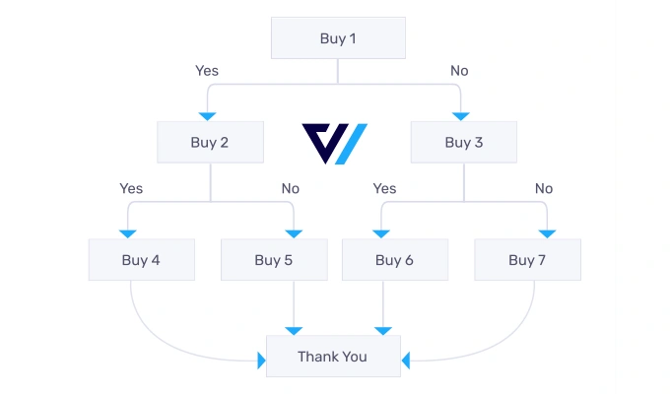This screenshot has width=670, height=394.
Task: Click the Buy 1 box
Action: (338, 39)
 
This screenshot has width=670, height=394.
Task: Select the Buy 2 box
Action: (210, 142)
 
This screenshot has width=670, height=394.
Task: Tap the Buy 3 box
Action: (464, 142)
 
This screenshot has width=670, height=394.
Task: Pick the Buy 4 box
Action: (142, 260)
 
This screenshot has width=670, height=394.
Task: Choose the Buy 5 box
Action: (274, 260)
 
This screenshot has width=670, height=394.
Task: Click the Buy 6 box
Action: (395, 260)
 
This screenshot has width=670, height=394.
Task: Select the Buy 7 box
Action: (527, 260)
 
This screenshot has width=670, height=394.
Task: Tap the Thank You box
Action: (333, 357)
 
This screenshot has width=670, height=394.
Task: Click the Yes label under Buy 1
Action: (207, 71)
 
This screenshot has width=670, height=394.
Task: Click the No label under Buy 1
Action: (459, 71)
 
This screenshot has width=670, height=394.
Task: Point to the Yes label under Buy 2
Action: (131, 188)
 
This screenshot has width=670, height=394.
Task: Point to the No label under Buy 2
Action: (290, 188)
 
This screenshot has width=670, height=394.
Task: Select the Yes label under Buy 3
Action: (384, 188)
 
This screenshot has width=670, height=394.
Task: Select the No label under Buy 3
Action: (544, 188)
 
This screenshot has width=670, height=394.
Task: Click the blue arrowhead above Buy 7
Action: (547, 232)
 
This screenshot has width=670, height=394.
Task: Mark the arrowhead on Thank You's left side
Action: (262, 362)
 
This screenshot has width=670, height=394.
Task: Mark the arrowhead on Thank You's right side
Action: (405, 362)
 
